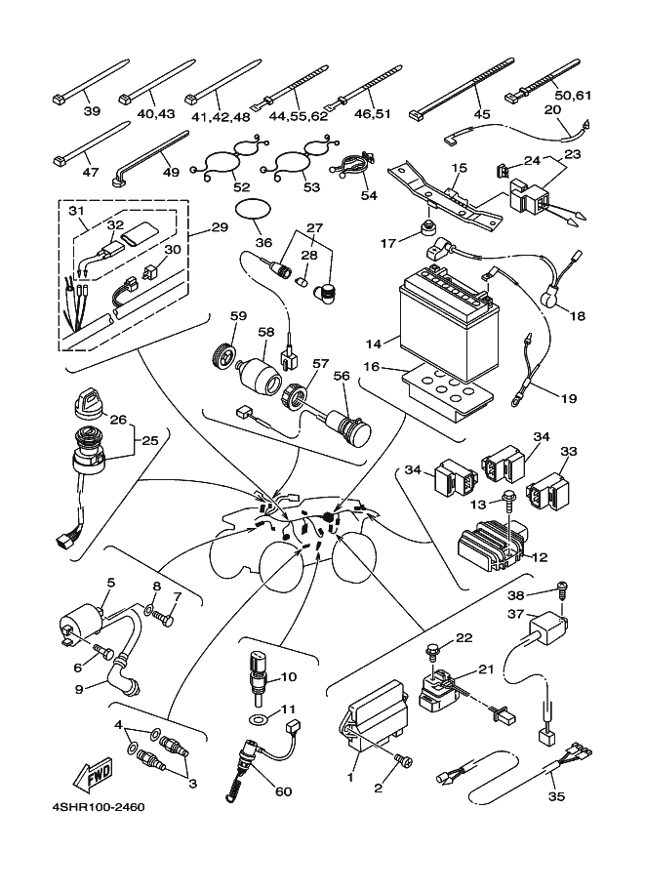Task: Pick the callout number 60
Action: point(283,791)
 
